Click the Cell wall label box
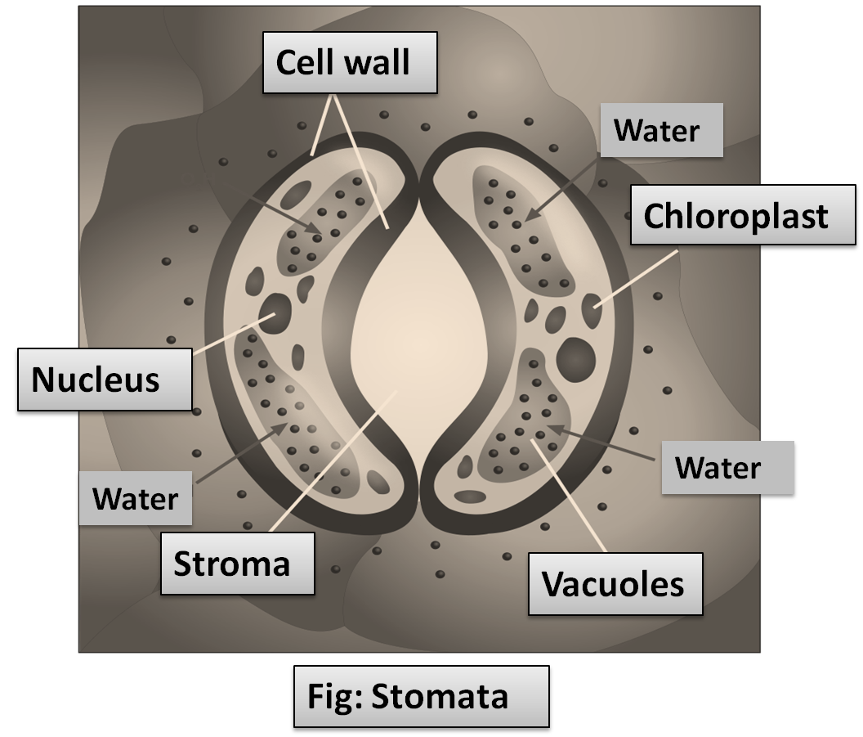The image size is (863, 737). pyautogui.click(x=350, y=63)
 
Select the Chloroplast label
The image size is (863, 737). pyautogui.click(x=736, y=217)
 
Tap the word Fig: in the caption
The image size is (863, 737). pyautogui.click(x=334, y=697)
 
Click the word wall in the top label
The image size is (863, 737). pyautogui.click(x=378, y=63)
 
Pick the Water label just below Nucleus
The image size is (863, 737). pyautogui.click(x=136, y=497)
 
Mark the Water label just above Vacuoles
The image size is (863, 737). pyautogui.click(x=718, y=468)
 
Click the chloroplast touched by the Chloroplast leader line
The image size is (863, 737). pyautogui.click(x=591, y=311)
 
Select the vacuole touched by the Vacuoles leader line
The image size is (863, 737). pyautogui.click(x=523, y=425)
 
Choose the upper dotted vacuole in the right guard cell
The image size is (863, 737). pyautogui.click(x=523, y=229)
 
